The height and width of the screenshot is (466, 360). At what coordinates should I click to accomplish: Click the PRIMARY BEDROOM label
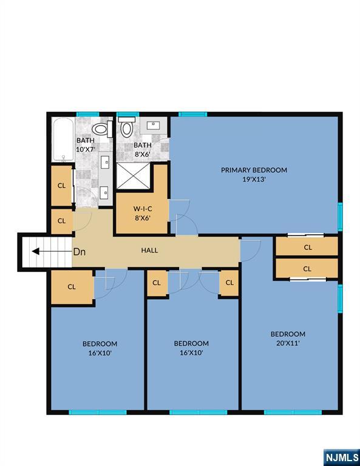coord(254,170)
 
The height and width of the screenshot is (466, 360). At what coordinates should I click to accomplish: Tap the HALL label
coord(149,251)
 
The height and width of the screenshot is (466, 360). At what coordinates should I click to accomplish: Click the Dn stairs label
coord(80,252)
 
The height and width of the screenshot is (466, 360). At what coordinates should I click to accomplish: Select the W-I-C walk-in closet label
coord(143,209)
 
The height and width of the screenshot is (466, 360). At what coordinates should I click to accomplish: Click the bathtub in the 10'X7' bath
coord(63,140)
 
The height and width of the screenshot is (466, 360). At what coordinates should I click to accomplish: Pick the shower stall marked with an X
coord(133,175)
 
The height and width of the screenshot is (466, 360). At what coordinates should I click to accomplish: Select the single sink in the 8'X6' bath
coord(153,126)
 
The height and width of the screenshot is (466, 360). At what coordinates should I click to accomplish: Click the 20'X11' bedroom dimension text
coord(288,343)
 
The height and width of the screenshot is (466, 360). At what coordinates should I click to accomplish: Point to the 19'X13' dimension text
coord(254,180)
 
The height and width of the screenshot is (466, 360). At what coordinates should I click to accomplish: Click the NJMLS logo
coord(342,457)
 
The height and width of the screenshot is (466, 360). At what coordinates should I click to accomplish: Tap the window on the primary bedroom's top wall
coord(192,114)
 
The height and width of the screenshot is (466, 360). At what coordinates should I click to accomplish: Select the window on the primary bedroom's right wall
coord(340,217)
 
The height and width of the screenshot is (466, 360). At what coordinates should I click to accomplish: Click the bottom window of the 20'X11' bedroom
coord(293,412)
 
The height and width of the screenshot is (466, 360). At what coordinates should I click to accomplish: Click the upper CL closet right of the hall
coord(307,246)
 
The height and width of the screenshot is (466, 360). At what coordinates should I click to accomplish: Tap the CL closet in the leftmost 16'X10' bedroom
coord(72,287)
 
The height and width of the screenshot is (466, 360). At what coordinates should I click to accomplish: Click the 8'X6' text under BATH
coord(143,155)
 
